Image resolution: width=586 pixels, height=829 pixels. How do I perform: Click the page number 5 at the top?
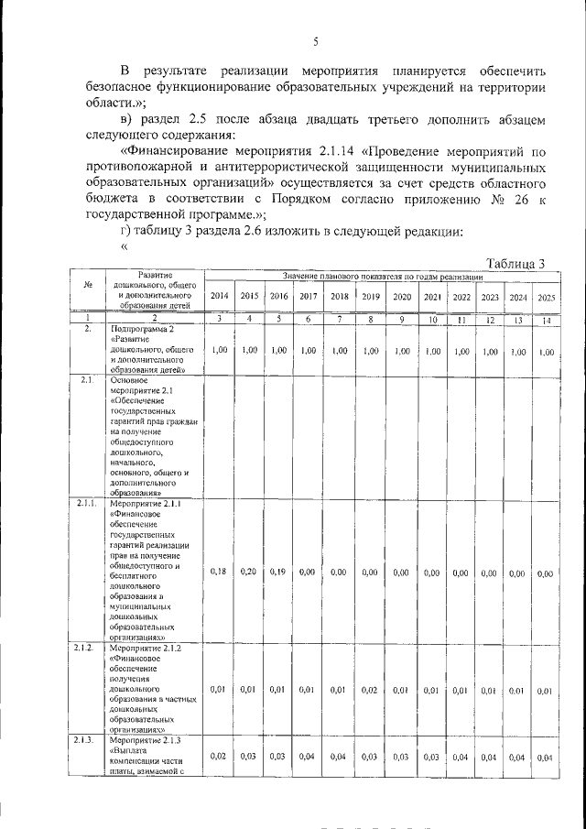(315, 41)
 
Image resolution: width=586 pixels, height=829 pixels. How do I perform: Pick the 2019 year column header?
(371, 297)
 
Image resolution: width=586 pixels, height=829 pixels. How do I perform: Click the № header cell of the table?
(88, 284)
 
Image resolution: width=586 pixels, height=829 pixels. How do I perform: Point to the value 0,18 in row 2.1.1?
(219, 572)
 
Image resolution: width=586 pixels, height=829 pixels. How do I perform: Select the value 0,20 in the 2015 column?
(248, 572)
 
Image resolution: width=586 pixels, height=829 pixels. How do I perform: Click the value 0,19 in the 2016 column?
(278, 572)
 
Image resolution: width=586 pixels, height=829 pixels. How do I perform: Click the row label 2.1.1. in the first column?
(88, 503)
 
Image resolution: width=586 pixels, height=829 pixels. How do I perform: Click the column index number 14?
(546, 319)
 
